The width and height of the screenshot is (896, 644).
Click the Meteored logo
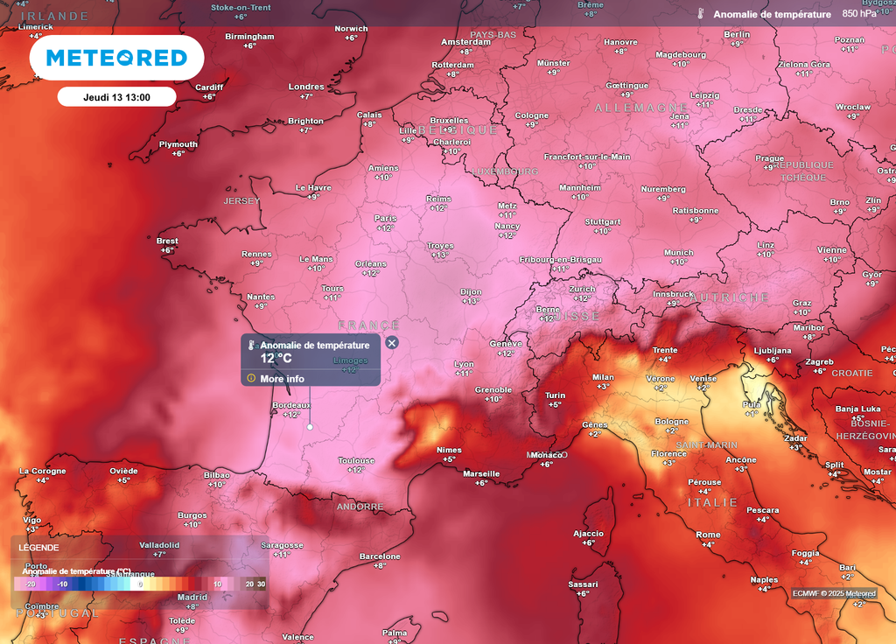(x=116, y=58)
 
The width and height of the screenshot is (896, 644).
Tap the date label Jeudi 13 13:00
(x=116, y=97)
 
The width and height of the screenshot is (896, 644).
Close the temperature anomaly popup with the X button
(x=392, y=343)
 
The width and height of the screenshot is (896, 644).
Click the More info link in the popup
(x=282, y=379)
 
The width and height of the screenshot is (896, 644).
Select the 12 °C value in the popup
(x=276, y=358)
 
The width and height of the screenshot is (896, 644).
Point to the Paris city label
(x=386, y=219)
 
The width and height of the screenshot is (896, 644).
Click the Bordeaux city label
(x=291, y=406)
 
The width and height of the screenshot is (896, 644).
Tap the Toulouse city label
(x=356, y=461)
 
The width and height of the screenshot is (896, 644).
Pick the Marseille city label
(x=481, y=474)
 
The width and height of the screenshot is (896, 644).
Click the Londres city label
(x=306, y=87)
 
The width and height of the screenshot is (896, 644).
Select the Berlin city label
(x=737, y=34)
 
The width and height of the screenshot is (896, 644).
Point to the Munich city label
(x=678, y=253)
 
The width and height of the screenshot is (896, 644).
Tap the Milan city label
(x=604, y=377)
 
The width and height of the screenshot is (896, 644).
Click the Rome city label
(x=708, y=535)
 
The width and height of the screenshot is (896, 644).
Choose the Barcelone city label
(x=380, y=556)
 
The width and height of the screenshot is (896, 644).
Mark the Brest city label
(x=167, y=241)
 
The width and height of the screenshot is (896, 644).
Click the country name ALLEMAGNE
(x=641, y=108)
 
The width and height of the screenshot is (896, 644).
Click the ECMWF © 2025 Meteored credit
(x=834, y=593)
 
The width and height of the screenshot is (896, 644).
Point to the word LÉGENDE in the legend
(x=38, y=548)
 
